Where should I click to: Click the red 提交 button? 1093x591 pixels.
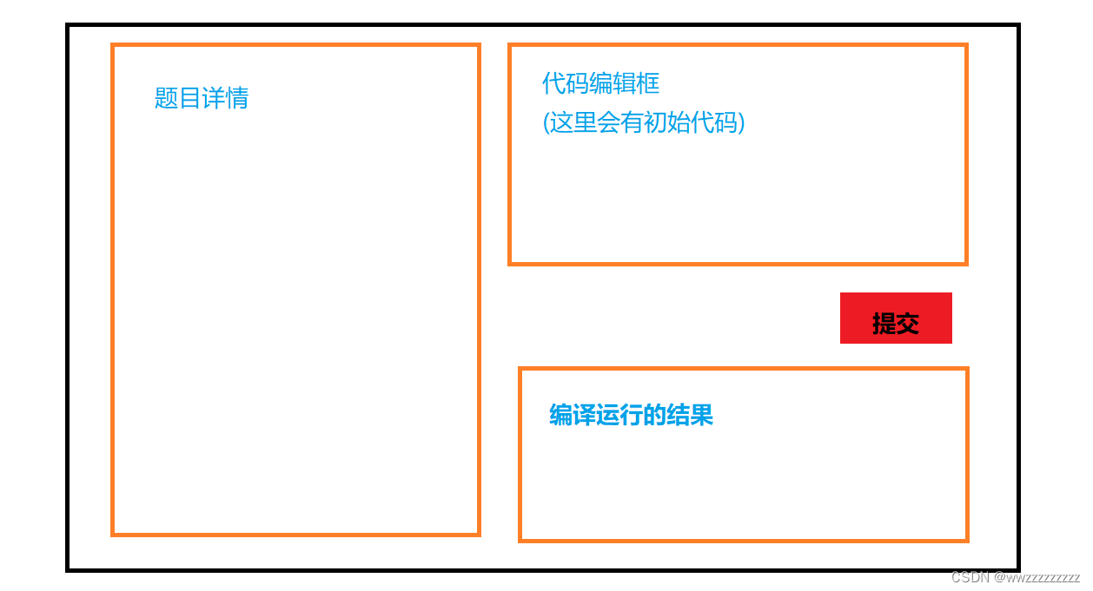[896, 318]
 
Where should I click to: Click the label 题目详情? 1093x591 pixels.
[202, 98]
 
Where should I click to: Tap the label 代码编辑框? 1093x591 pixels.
[600, 83]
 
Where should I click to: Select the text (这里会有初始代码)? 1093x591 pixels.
[644, 122]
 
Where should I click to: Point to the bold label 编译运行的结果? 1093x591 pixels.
[631, 416]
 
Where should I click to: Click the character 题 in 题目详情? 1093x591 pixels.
[166, 98]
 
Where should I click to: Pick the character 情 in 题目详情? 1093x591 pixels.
[237, 98]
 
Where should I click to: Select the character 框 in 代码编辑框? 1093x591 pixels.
[648, 83]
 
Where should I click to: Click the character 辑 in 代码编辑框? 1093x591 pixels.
[625, 83]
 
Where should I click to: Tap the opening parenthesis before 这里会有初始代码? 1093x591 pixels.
[546, 123]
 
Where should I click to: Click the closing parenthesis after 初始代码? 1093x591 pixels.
[741, 123]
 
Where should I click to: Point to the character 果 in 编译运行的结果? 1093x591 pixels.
[702, 416]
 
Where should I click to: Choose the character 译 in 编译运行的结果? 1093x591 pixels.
[584, 416]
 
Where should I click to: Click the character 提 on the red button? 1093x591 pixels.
[884, 324]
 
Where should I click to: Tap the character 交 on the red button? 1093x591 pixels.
[908, 324]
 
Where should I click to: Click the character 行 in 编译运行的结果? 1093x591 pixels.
[631, 416]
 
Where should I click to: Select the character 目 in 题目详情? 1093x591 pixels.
[190, 98]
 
